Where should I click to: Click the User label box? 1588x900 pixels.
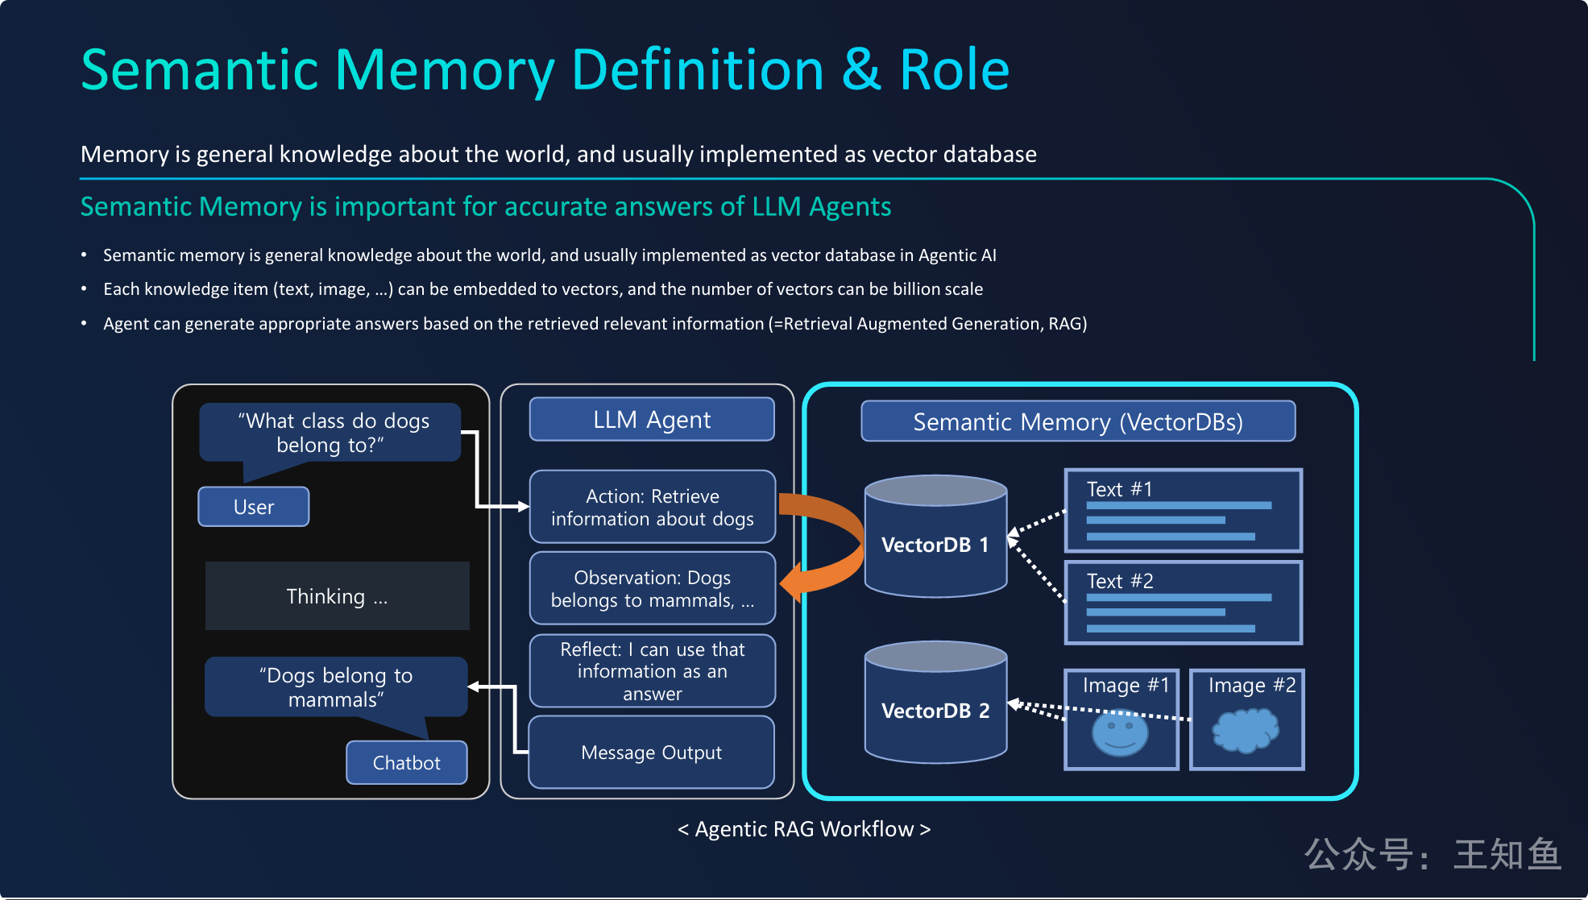click(254, 507)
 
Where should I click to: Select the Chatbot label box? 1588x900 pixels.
click(407, 762)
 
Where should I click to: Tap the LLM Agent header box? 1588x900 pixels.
click(652, 420)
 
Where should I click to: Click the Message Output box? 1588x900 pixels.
click(652, 753)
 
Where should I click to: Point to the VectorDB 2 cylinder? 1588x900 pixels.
click(935, 704)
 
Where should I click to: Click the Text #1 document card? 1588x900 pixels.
click(1183, 511)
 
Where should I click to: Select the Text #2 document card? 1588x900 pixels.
click(1183, 603)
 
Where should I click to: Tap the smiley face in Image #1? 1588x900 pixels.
click(1120, 732)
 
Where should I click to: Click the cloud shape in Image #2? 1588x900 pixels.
click(1246, 729)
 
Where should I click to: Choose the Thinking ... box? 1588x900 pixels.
click(337, 596)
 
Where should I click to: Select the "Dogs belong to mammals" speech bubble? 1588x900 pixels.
click(336, 687)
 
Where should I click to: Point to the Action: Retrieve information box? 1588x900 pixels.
click(652, 508)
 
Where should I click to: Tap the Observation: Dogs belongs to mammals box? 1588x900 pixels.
click(652, 589)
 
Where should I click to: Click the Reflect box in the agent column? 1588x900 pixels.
click(652, 671)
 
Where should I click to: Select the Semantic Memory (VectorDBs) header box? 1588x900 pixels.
click(1078, 421)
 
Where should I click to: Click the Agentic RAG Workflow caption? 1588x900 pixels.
click(804, 829)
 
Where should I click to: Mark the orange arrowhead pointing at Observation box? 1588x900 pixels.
click(793, 582)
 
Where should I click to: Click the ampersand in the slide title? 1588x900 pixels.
click(861, 70)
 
